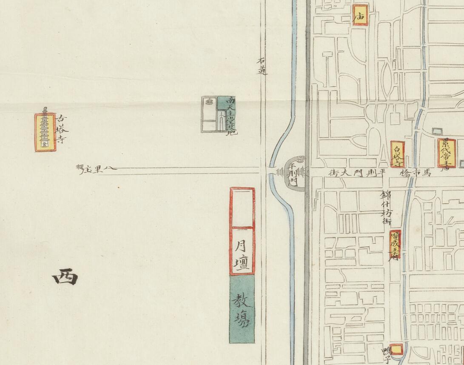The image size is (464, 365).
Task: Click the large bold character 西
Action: (x=65, y=278)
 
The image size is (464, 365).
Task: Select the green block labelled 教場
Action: (x=242, y=309)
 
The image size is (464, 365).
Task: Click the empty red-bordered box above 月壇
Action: (x=242, y=207)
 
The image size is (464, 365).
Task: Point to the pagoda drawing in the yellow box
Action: (x=45, y=132)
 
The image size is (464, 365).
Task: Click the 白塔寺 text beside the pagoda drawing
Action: (x=62, y=128)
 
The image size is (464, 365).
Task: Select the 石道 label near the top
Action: (x=262, y=67)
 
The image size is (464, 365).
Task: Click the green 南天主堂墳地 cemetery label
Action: (x=231, y=115)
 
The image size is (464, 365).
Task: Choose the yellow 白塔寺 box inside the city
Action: (x=397, y=154)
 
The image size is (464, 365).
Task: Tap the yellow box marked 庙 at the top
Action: (x=360, y=15)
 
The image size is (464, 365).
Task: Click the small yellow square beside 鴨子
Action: (x=397, y=349)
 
